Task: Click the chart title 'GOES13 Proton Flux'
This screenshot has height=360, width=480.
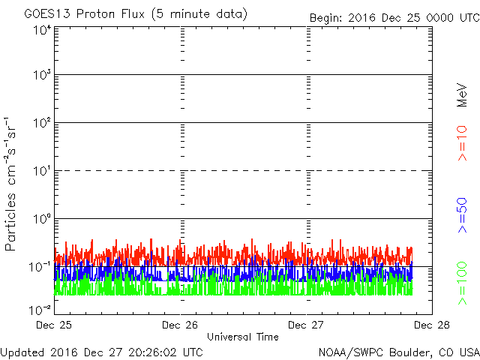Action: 85,14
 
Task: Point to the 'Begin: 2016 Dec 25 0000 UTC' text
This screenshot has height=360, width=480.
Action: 394,18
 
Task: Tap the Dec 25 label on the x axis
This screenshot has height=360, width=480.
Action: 54,325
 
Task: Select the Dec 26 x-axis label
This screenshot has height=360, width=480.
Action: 180,325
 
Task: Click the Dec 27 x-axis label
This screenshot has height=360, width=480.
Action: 306,325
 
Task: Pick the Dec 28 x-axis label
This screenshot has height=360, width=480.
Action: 432,325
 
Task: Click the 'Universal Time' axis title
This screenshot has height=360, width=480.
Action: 243,337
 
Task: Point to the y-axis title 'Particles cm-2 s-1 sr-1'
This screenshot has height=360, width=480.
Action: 10,184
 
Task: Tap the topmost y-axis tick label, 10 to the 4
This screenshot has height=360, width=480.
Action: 42,31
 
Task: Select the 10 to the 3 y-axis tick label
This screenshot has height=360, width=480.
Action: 42,74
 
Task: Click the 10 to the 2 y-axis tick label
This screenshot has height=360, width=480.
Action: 42,123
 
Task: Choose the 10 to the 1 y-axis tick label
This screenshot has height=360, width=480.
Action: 42,171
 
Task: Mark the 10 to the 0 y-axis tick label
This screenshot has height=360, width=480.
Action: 42,218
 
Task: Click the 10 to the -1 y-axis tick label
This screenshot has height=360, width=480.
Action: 40,267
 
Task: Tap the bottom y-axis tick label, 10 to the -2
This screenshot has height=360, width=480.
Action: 40,310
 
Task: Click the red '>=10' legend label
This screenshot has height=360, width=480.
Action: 462,143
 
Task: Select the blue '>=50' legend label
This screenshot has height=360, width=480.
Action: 462,215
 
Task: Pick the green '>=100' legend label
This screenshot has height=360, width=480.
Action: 462,283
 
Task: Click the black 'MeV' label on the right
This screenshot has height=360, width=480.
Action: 462,95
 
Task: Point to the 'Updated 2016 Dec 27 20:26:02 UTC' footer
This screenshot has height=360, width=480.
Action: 102,352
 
